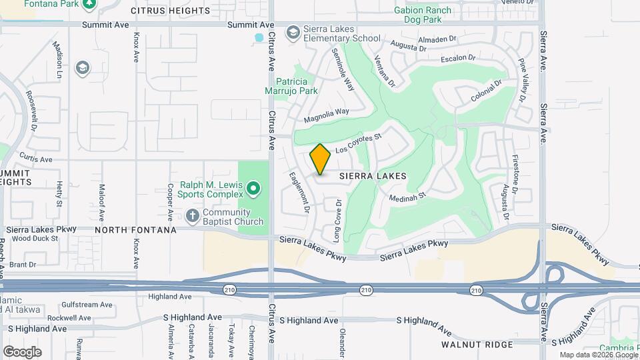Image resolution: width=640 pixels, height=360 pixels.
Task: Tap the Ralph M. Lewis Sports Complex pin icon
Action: [253, 189]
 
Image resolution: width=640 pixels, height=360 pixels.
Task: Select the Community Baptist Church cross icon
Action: [192, 215]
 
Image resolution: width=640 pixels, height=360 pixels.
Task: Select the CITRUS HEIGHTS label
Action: [171, 11]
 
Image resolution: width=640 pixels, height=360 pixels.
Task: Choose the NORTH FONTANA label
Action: [135, 229]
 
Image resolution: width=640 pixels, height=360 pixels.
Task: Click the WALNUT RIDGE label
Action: [477, 345]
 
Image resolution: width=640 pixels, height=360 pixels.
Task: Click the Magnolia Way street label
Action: [327, 115]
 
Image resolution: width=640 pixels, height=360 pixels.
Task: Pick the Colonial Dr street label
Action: [485, 91]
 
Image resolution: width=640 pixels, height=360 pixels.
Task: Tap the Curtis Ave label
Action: [36, 159]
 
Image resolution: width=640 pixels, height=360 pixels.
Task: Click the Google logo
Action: [22, 351]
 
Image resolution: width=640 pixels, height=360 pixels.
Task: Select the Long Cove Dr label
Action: [337, 221]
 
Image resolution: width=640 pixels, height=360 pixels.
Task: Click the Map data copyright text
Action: [597, 355]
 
